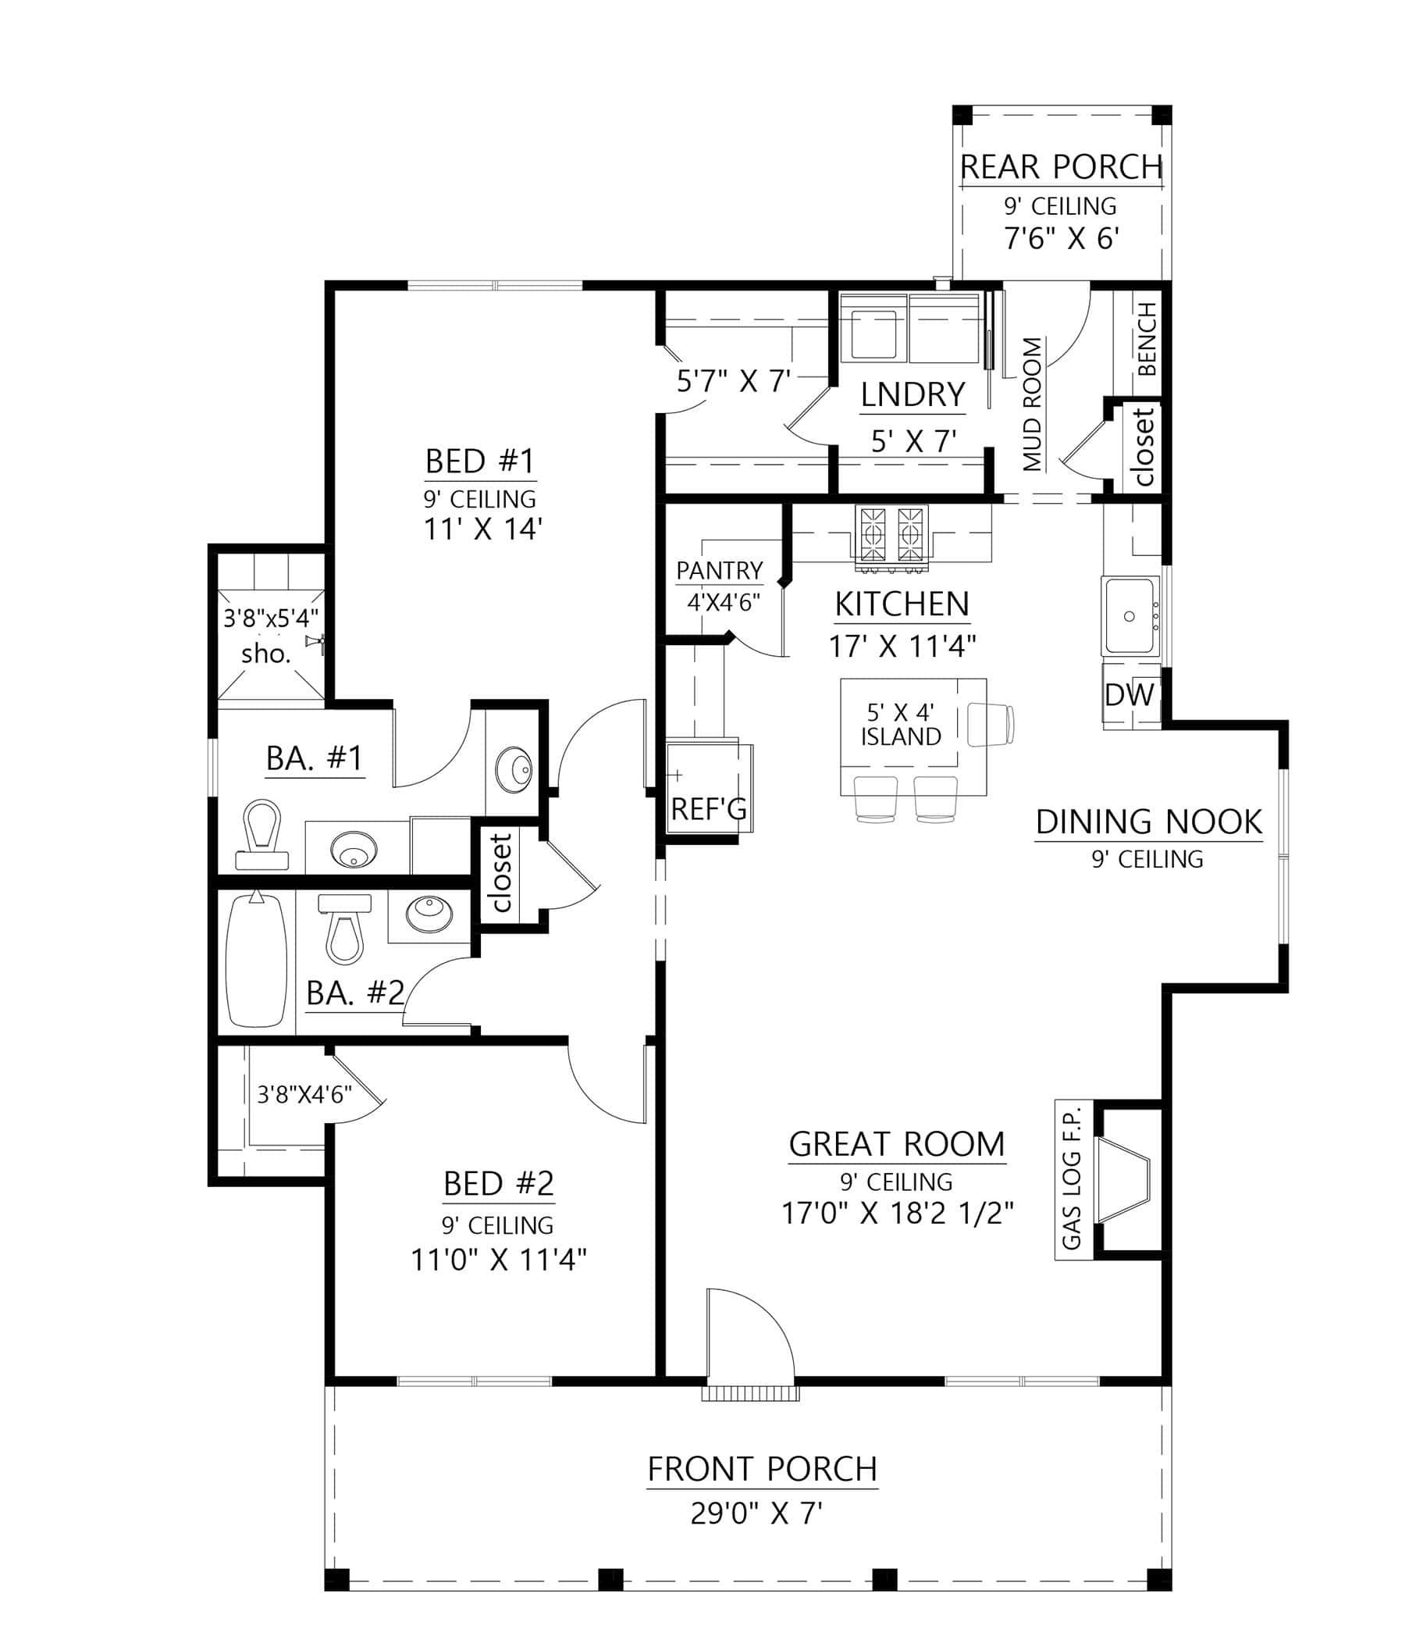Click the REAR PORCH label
coord(1061,168)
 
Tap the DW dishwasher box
coord(1130,695)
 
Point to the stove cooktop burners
coord(891,533)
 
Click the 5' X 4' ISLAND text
coord(900,724)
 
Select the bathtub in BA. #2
coord(254,960)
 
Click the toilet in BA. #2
coord(345,929)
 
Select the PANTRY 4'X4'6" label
coord(719,586)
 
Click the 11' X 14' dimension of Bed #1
coord(482,529)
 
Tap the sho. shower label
coord(266,654)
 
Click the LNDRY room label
coord(913,394)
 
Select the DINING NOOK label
coord(1148,822)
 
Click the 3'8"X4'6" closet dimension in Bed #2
coord(304,1095)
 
